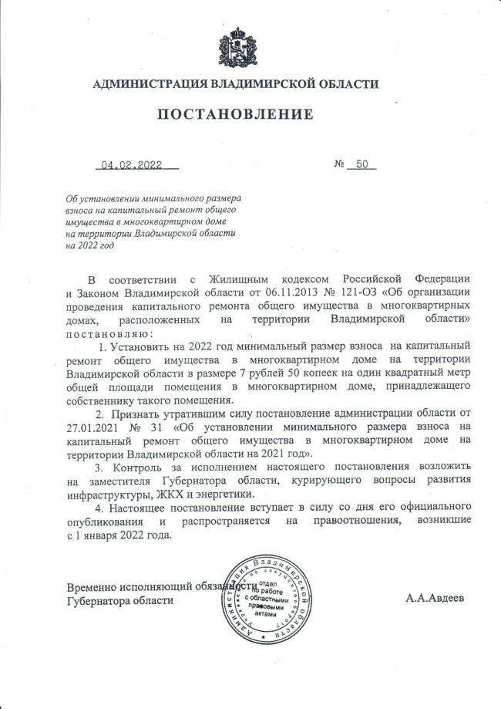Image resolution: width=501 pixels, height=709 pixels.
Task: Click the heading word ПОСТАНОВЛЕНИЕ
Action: (x=236, y=115)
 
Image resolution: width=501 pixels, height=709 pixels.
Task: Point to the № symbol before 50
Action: (x=338, y=164)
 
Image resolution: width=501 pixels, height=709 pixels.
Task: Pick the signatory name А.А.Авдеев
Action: (x=435, y=599)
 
